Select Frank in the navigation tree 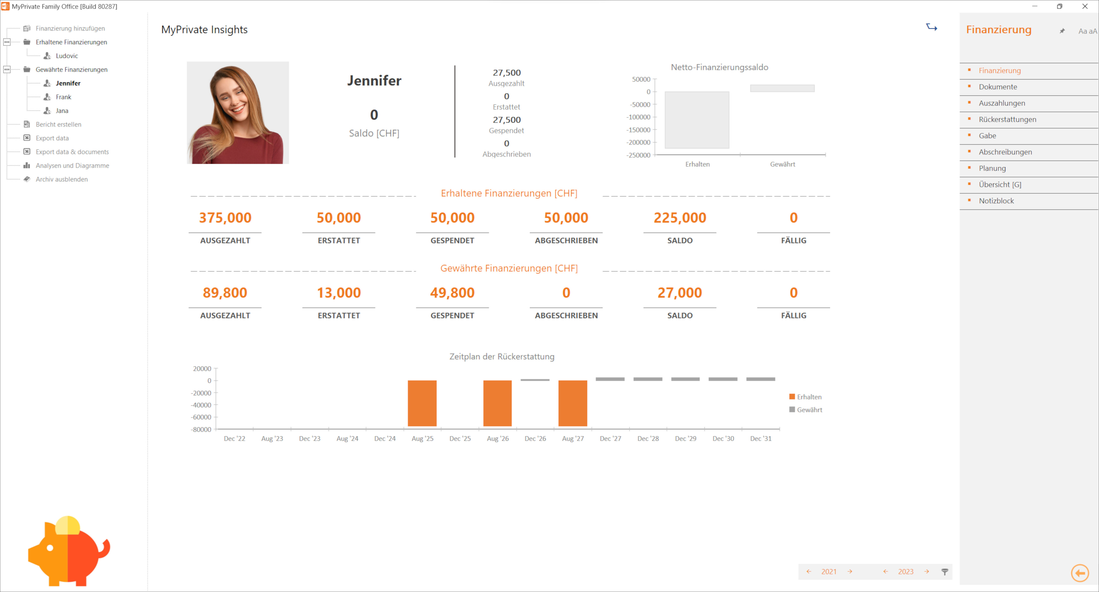pyautogui.click(x=63, y=97)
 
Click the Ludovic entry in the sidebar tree pyautogui.click(x=66, y=56)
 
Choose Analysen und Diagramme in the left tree pyautogui.click(x=72, y=165)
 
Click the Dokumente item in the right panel pyautogui.click(x=997, y=87)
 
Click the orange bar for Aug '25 pyautogui.click(x=422, y=403)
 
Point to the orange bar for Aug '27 pyautogui.click(x=573, y=403)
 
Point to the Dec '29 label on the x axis pyautogui.click(x=685, y=439)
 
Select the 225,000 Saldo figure pyautogui.click(x=680, y=218)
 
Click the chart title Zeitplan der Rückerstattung pyautogui.click(x=502, y=356)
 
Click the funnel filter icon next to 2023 pyautogui.click(x=945, y=572)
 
